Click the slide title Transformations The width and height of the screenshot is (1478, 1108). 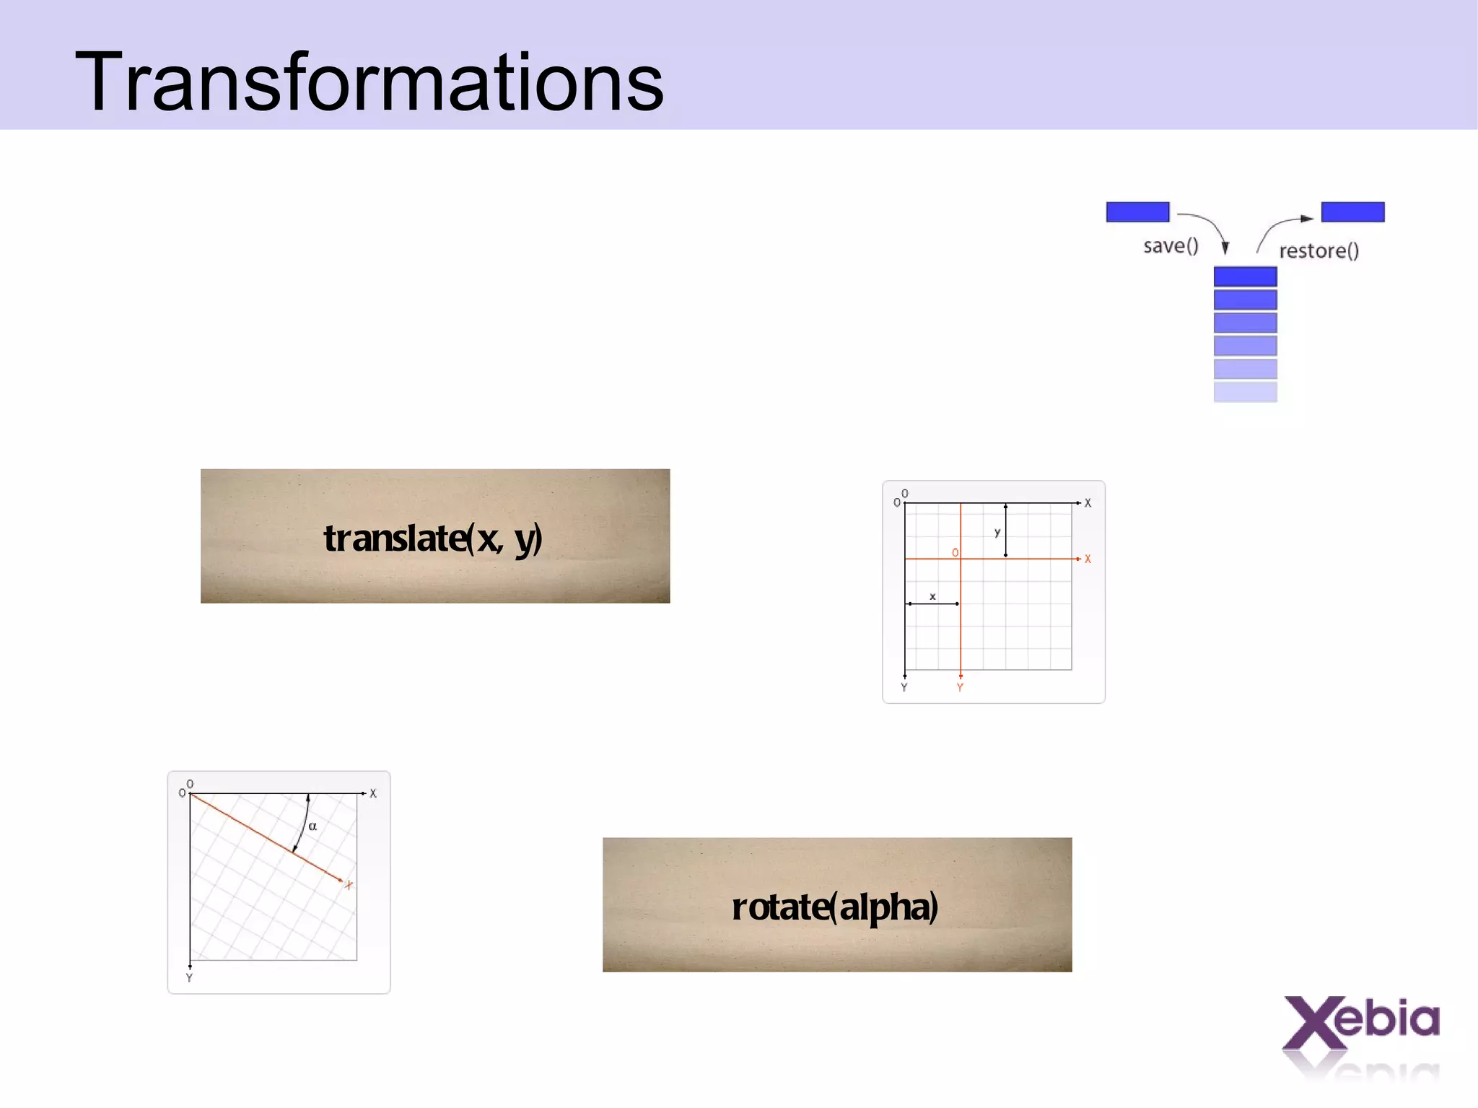[369, 82]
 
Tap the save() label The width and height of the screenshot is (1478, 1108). [1171, 246]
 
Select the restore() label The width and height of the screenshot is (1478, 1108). [1319, 250]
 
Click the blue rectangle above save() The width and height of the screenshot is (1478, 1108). [1137, 211]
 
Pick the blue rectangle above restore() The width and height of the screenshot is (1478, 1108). [1352, 211]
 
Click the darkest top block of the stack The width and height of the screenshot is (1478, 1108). [1245, 276]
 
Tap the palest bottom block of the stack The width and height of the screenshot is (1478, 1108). [1245, 392]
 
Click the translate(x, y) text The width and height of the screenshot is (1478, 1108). [433, 538]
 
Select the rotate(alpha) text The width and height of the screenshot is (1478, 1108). [835, 907]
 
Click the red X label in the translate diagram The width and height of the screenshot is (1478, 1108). [1088, 559]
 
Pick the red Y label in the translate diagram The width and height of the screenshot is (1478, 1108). [960, 687]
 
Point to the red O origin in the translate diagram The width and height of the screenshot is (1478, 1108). [955, 553]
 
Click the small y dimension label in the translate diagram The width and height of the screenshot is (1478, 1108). [997, 533]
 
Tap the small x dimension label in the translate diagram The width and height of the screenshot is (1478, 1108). [932, 596]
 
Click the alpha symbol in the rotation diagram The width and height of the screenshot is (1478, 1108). [312, 826]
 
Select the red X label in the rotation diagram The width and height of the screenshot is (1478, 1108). [349, 885]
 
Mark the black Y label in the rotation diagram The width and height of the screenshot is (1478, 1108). [189, 977]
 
